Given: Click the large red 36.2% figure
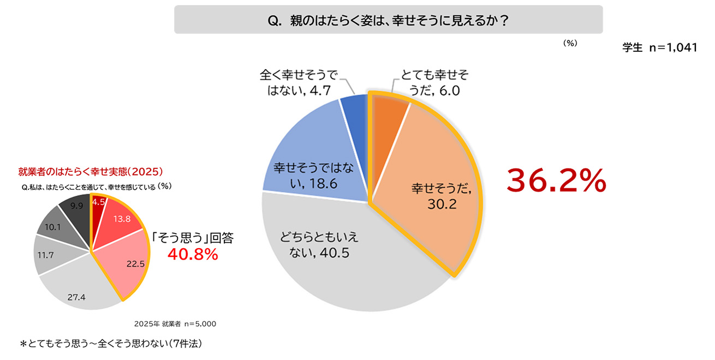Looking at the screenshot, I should coord(556,180).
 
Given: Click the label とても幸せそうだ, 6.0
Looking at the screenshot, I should coord(434,82).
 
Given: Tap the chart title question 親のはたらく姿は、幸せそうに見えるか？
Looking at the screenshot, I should coord(388,20).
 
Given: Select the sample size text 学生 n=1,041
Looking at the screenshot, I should coord(659,47).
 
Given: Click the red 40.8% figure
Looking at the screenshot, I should coord(193,254).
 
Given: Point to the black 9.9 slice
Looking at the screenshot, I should coord(75,210).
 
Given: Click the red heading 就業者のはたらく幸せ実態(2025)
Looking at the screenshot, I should coord(90,171).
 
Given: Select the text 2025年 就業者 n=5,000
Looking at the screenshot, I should coord(175,323).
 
